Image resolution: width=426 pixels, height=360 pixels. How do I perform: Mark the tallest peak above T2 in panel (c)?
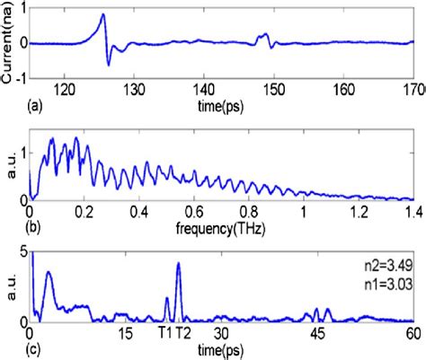click(x=179, y=263)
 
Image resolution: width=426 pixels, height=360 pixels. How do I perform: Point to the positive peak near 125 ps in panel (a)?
click(x=102, y=15)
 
